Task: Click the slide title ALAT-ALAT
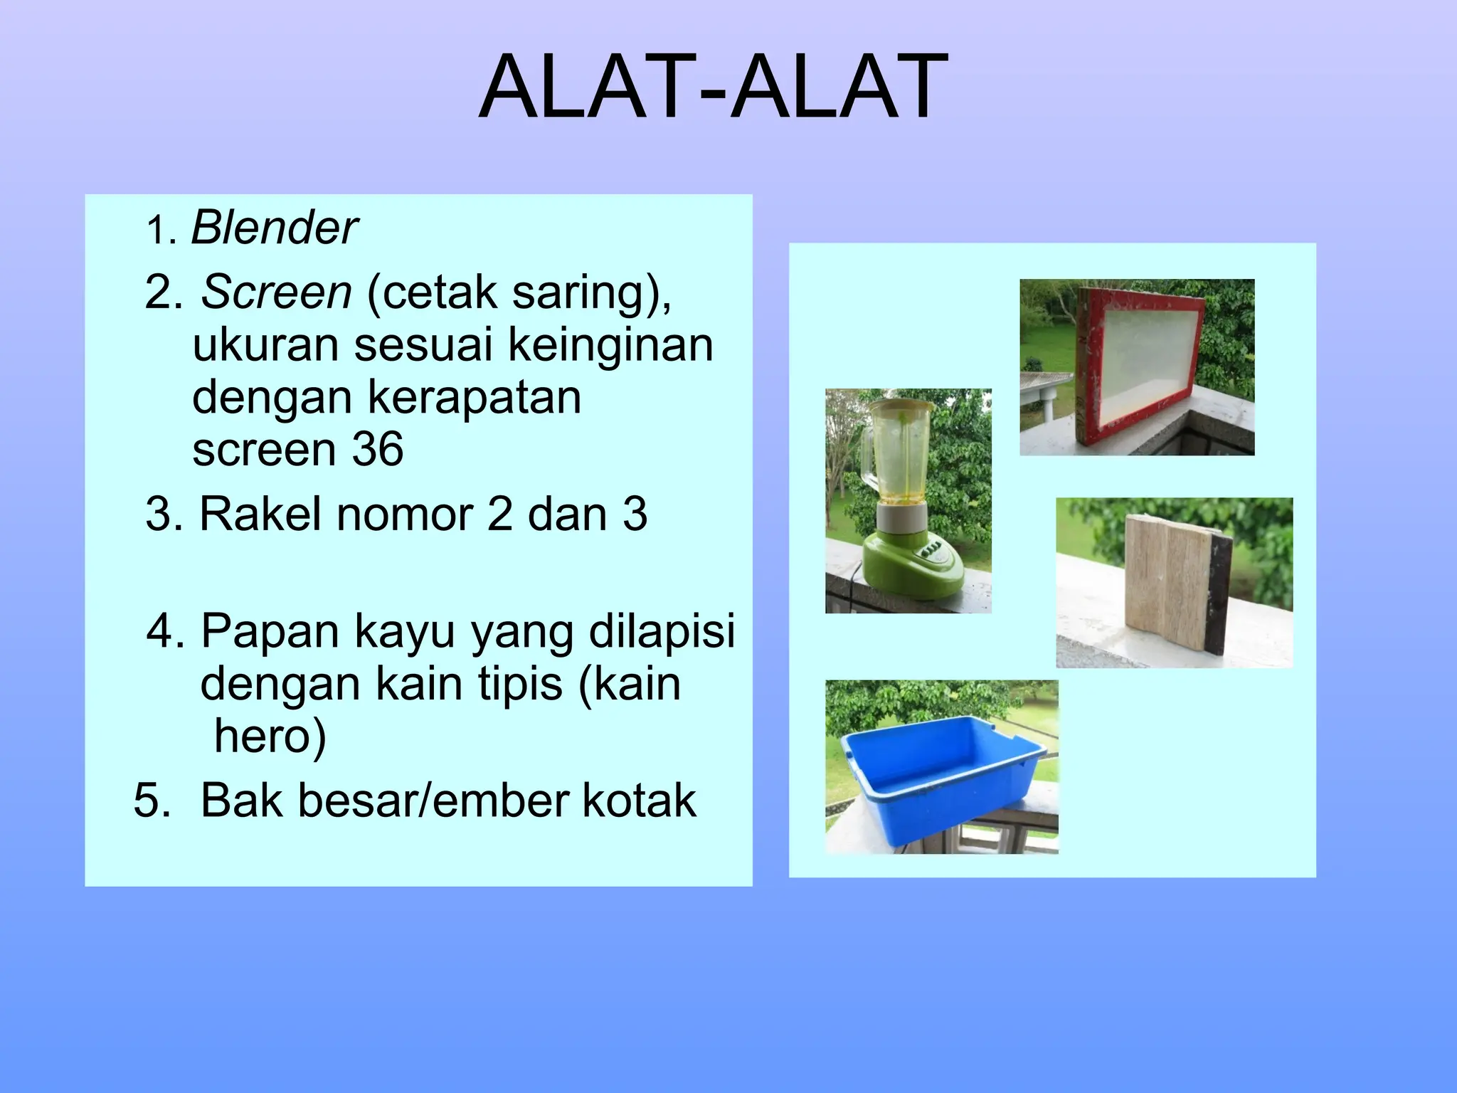[x=714, y=88]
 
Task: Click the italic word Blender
[x=274, y=228]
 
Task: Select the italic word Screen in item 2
[x=276, y=292]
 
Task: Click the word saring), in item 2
[x=591, y=292]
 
